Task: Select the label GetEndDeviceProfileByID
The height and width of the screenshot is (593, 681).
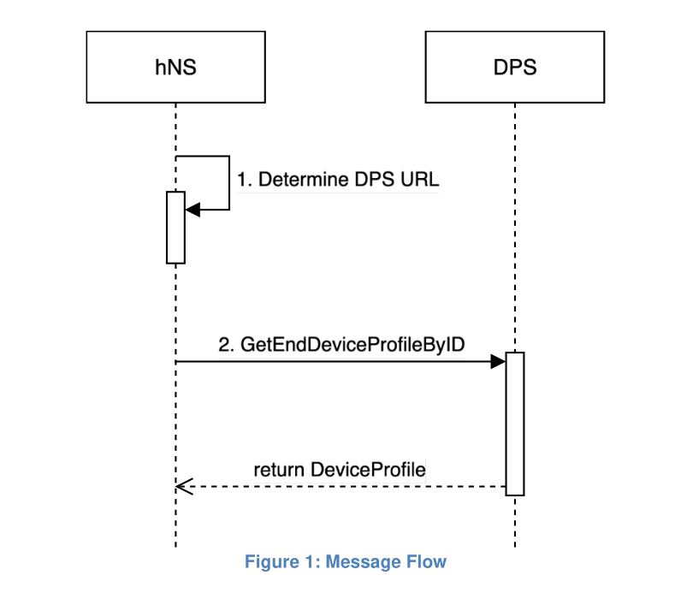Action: pos(352,345)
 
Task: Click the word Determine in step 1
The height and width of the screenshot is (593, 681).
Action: pos(304,180)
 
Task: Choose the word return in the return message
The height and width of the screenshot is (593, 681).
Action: pos(279,470)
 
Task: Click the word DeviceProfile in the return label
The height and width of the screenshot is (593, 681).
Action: pos(368,470)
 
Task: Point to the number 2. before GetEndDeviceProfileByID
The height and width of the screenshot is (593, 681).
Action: pos(226,345)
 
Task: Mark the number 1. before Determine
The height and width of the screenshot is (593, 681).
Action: pos(245,180)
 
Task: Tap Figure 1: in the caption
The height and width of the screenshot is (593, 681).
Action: pos(282,562)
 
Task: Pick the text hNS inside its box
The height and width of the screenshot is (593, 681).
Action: pos(176,68)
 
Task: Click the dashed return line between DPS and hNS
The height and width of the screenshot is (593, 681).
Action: pos(341,487)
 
